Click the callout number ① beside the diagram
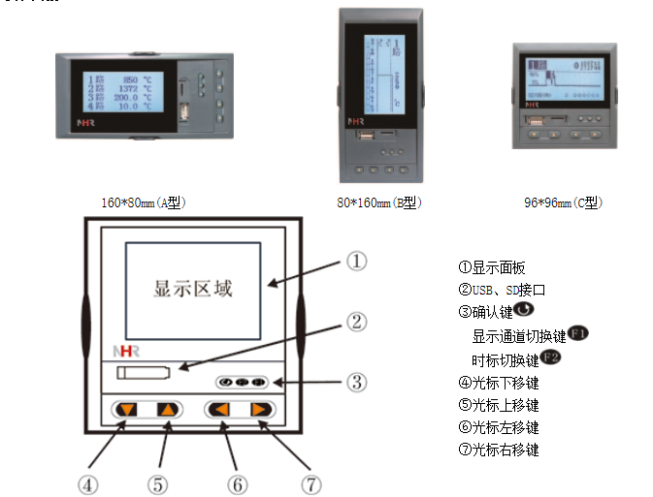tap(357, 261)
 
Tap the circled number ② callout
tap(357, 321)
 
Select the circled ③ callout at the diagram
tap(357, 382)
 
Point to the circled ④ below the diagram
tap(89, 481)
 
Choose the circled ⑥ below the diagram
tap(236, 481)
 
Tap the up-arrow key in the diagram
tap(167, 410)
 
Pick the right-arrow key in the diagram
tap(260, 410)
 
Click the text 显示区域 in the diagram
tap(194, 288)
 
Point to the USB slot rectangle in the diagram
tap(136, 373)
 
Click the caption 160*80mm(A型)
tap(143, 202)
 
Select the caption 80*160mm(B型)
tap(378, 202)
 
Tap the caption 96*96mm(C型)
tap(563, 202)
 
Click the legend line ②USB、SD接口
tap(502, 290)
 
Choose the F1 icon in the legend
tap(578, 334)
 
